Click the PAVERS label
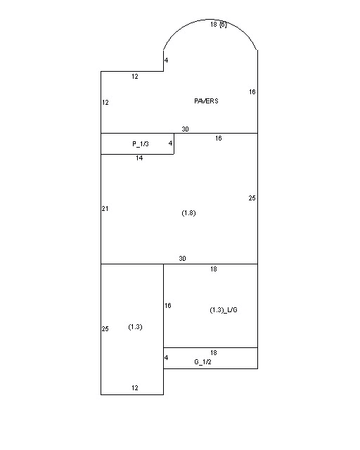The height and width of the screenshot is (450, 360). [206, 101]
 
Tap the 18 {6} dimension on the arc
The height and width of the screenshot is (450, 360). [218, 25]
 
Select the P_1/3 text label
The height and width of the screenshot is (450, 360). [141, 143]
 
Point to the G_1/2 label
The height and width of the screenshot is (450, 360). [202, 361]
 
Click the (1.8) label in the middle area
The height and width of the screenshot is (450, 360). [188, 212]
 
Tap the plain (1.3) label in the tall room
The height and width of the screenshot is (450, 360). [136, 327]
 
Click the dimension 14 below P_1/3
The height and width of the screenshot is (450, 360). [139, 158]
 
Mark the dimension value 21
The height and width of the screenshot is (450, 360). [105, 209]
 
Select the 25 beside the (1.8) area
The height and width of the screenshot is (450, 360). [252, 198]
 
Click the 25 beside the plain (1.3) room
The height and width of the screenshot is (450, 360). [105, 329]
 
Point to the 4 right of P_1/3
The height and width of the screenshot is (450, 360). [170, 143]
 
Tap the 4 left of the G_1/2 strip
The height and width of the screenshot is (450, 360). [167, 358]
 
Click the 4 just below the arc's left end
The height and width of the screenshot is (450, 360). [167, 60]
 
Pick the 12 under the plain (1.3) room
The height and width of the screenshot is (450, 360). [135, 387]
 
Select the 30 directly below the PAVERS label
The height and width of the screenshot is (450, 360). [185, 129]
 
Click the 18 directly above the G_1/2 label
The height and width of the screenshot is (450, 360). [214, 352]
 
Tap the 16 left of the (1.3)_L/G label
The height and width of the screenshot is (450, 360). [168, 306]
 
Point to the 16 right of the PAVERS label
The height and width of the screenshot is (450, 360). [252, 91]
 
